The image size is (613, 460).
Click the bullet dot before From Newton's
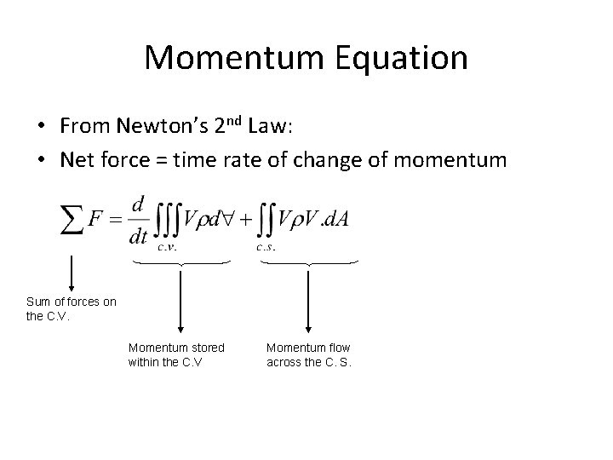(x=42, y=126)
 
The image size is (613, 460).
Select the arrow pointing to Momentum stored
(x=180, y=298)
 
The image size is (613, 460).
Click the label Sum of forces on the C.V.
(x=71, y=308)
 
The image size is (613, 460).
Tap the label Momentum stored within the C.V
(x=176, y=354)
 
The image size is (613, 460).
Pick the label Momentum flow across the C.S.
(x=309, y=354)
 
